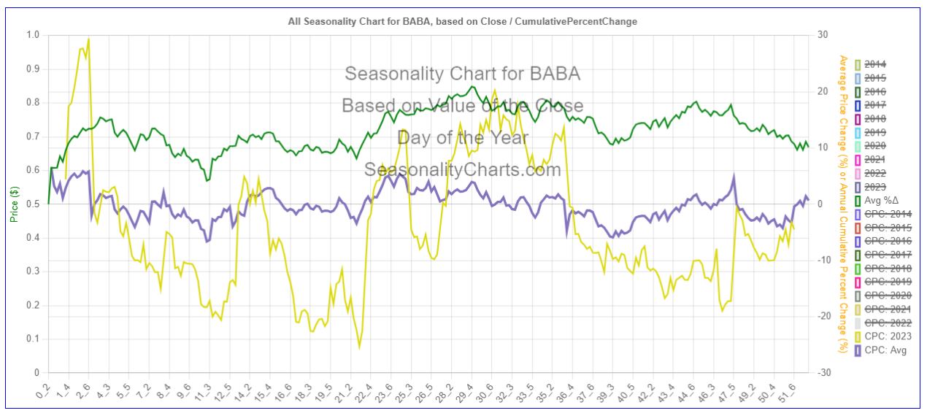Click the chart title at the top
(x=463, y=21)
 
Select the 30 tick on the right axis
(x=822, y=35)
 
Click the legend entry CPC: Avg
(x=885, y=351)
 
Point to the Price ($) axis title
(x=13, y=204)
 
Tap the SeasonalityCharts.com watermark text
(x=463, y=170)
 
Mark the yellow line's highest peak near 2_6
(x=88, y=39)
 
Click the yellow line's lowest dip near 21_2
(x=359, y=347)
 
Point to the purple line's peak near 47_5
(x=734, y=176)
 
